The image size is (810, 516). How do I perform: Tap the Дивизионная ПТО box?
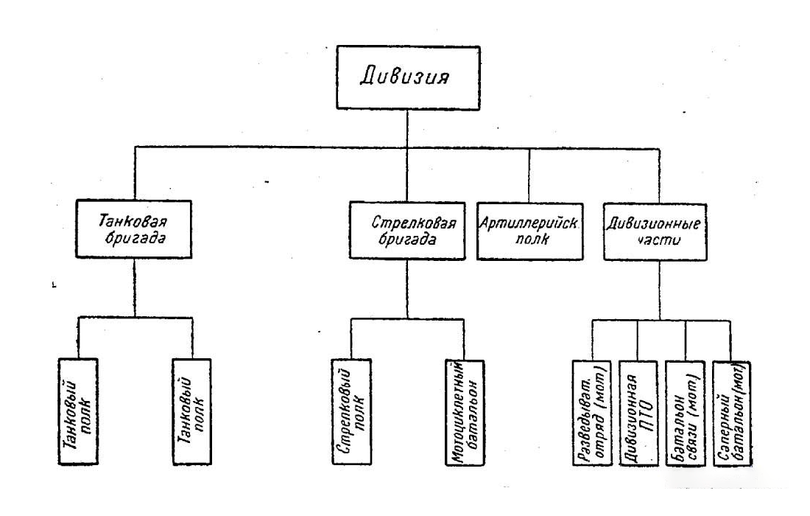point(638,413)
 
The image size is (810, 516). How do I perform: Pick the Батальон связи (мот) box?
point(685,413)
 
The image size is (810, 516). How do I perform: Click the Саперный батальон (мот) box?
point(732,413)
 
